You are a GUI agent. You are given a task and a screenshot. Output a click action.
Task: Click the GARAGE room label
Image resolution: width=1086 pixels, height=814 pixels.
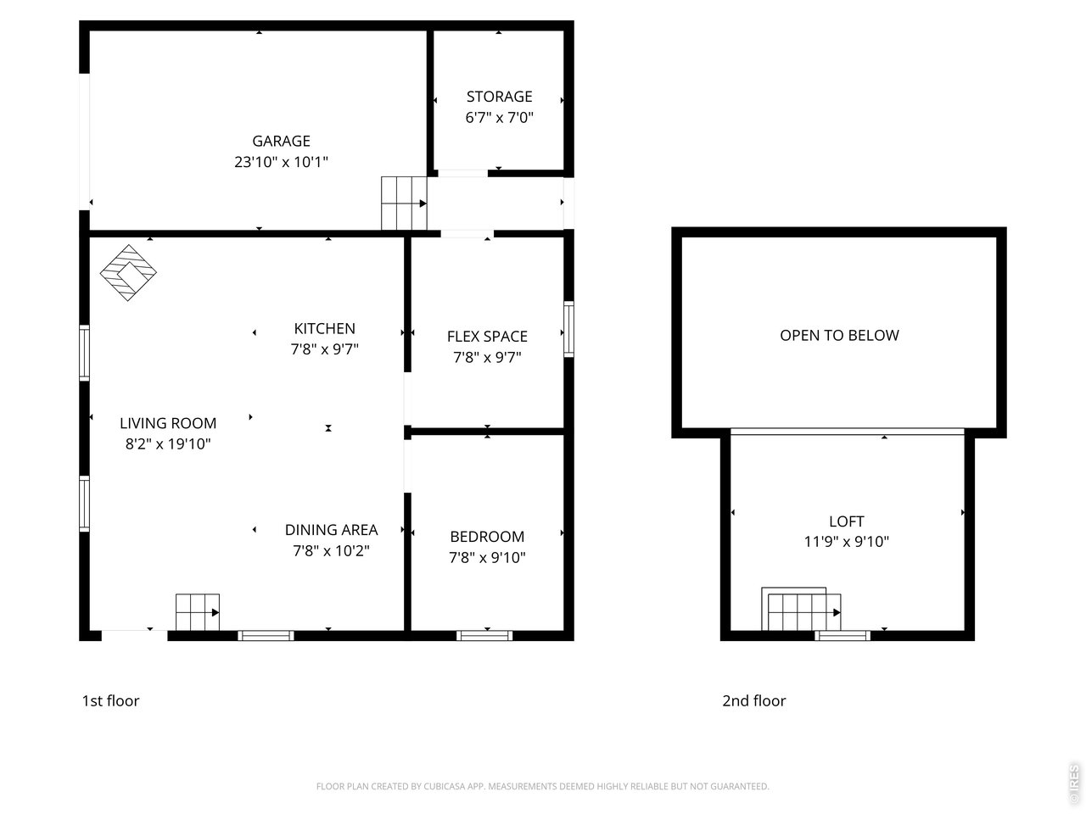pos(281,141)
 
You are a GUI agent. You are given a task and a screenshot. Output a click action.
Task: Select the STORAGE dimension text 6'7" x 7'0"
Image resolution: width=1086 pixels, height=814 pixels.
pos(499,118)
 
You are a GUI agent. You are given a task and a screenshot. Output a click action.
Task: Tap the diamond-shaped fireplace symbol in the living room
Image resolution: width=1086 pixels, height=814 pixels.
pos(129,273)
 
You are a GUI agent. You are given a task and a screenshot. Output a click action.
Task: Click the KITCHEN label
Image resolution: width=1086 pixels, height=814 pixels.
pos(324,328)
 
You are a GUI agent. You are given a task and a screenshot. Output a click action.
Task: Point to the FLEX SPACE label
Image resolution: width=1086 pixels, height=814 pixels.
pos(487,337)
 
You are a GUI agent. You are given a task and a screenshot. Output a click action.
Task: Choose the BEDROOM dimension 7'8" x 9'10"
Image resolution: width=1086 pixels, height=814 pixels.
pos(487,557)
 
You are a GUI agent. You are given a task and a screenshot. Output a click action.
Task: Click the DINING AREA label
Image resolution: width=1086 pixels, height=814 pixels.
pos(331,530)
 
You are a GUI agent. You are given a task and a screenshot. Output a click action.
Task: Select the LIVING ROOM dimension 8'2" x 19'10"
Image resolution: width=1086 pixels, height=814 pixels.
pos(167,443)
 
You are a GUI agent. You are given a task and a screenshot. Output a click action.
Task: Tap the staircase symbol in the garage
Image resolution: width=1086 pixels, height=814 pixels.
pos(403,203)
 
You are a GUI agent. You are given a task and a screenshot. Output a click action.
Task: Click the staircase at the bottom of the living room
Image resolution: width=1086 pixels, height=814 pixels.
pos(198,611)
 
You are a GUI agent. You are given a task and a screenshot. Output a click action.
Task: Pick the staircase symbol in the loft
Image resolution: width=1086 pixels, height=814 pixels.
pos(803,610)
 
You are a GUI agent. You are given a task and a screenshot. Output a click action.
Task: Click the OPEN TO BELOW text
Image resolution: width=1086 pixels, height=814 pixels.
pos(839,335)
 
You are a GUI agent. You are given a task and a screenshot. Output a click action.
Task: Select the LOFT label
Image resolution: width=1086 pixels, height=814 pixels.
pos(846,521)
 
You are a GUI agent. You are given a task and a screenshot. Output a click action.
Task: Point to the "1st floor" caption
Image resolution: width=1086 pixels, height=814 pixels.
pos(110,700)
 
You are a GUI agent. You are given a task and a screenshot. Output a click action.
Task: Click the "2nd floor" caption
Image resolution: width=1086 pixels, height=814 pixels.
pos(753,700)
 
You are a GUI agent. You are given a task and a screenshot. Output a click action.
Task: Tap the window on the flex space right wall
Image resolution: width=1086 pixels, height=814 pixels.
pos(568,329)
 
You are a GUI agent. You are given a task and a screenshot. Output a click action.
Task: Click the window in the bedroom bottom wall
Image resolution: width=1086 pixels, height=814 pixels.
pos(484,635)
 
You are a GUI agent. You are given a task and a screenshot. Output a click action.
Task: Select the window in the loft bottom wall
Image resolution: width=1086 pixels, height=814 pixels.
pos(842,635)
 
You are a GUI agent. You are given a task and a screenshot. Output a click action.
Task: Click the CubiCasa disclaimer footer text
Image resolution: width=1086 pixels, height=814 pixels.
pos(542,786)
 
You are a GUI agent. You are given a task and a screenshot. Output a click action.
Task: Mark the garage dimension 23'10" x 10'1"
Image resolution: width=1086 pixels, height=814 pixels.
pos(281,162)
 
